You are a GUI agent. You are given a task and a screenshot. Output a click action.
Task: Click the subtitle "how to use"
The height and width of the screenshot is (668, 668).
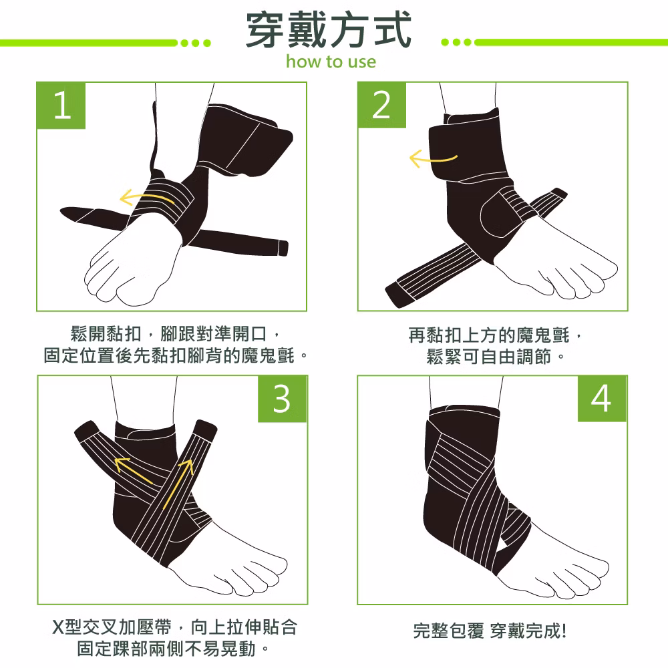tap(331, 61)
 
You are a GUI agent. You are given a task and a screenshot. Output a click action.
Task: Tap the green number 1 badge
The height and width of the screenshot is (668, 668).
tap(61, 106)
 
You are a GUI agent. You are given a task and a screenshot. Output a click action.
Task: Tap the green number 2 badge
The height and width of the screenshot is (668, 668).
tap(381, 105)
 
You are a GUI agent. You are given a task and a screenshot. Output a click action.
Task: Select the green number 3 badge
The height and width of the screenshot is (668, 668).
tap(282, 399)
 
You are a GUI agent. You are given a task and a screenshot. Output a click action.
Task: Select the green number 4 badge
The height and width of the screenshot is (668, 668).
tap(602, 399)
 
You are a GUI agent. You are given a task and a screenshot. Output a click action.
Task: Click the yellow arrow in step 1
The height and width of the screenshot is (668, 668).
tap(147, 198)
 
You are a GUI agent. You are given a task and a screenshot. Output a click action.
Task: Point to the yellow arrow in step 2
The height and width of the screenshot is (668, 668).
tap(432, 158)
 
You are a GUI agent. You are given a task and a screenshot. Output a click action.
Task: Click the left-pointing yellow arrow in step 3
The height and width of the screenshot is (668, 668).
tap(134, 470)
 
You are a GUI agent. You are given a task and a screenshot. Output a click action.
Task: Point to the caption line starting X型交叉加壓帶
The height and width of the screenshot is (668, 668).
tap(174, 627)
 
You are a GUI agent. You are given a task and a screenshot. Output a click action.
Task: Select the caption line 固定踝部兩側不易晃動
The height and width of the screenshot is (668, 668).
tap(173, 649)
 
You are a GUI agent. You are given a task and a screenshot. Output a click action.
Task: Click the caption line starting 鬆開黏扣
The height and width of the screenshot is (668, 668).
tap(175, 333)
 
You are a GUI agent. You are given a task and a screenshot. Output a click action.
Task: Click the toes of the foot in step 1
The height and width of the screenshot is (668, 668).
tap(112, 278)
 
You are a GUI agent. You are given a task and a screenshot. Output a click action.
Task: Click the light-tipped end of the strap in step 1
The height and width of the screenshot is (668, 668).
tap(283, 248)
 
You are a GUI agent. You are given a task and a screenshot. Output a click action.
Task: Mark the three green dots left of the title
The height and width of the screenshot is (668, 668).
tap(196, 43)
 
